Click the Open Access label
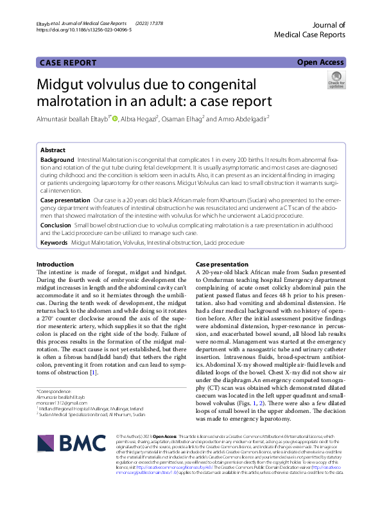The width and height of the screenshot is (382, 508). (x=320, y=62)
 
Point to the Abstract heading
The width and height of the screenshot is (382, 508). (x=53, y=149)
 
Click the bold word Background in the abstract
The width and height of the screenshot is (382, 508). (x=57, y=159)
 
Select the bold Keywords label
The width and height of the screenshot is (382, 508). (x=55, y=244)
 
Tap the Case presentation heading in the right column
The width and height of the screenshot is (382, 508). (x=221, y=265)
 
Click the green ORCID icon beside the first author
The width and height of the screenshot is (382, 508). (x=115, y=118)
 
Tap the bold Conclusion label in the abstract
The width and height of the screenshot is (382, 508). (x=56, y=226)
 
